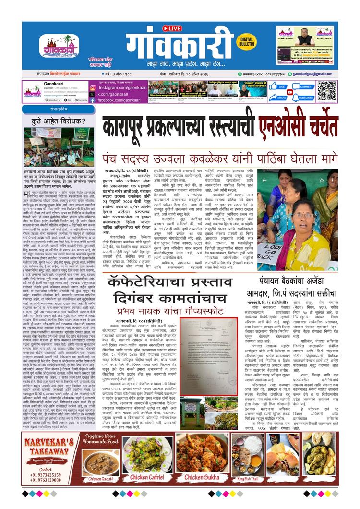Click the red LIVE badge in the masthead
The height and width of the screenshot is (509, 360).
(x=172, y=28)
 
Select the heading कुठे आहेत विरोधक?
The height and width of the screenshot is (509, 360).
(x=58, y=121)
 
